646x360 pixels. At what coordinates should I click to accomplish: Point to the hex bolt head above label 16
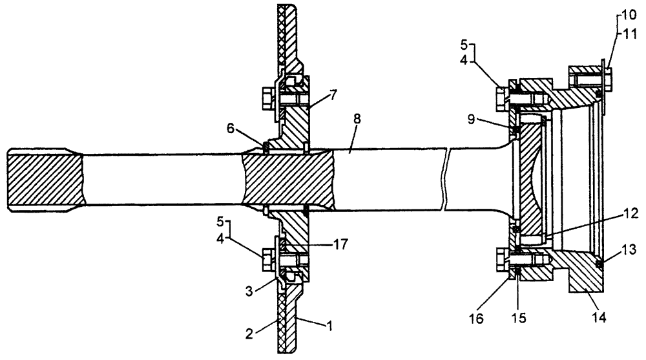click(x=501, y=260)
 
